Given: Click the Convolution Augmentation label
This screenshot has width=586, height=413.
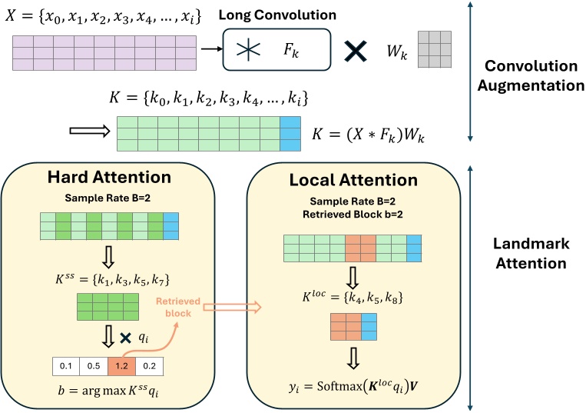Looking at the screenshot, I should pos(530,75).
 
